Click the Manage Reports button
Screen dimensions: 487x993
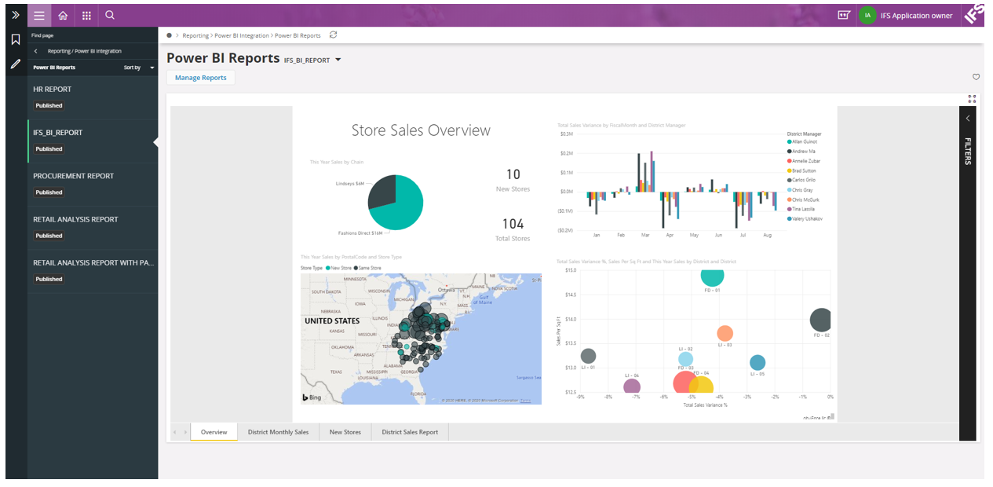(200, 78)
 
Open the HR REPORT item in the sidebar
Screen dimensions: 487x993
(52, 90)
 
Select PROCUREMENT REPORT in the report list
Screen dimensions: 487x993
(73, 176)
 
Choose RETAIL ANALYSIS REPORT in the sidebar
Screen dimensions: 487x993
(75, 219)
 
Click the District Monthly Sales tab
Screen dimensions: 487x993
(278, 432)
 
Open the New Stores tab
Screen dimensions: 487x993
(345, 432)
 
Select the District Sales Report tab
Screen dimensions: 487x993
(410, 432)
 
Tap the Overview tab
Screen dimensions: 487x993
(214, 432)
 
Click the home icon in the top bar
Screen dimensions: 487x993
(63, 15)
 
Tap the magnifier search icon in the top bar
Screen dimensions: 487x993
(110, 15)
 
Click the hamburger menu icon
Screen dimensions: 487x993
(39, 15)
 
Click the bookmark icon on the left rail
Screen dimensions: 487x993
(16, 39)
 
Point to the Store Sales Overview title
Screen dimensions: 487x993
(421, 130)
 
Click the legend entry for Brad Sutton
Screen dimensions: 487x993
(805, 170)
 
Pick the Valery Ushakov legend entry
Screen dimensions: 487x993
(806, 219)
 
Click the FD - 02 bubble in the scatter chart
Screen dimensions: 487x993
(820, 320)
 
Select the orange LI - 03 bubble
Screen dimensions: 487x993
(725, 333)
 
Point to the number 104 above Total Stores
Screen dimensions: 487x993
(513, 225)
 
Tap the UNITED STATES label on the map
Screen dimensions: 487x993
(332, 321)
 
